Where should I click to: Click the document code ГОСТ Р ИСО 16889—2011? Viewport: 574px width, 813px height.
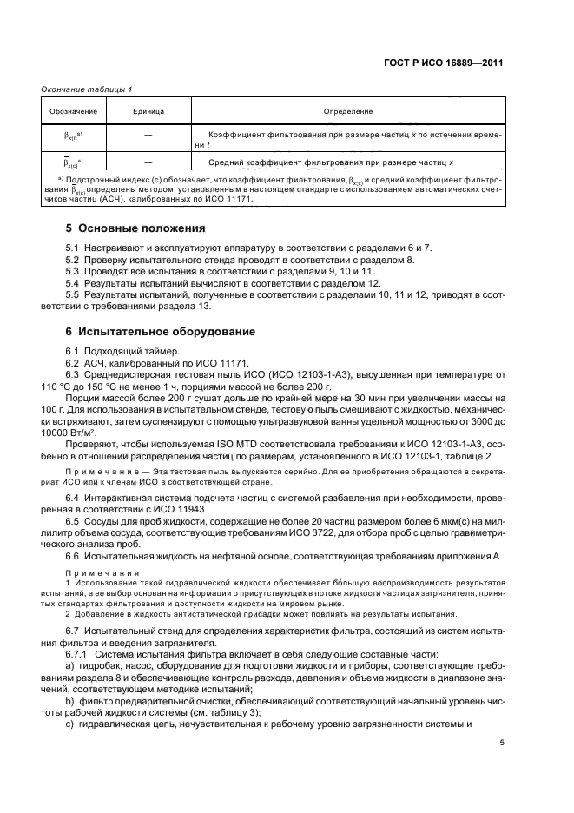coord(448,63)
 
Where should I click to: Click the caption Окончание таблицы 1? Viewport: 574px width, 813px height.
coord(83,90)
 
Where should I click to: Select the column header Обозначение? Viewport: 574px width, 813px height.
coord(73,111)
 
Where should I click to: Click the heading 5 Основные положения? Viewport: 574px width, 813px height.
coord(135,228)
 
